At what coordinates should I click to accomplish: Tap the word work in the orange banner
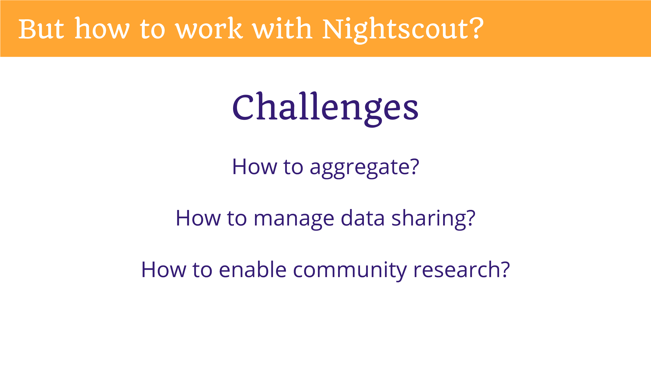[209, 28]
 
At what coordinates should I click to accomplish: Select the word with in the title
[282, 28]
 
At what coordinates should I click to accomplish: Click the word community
[350, 271]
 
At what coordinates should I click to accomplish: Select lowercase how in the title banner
[102, 28]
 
